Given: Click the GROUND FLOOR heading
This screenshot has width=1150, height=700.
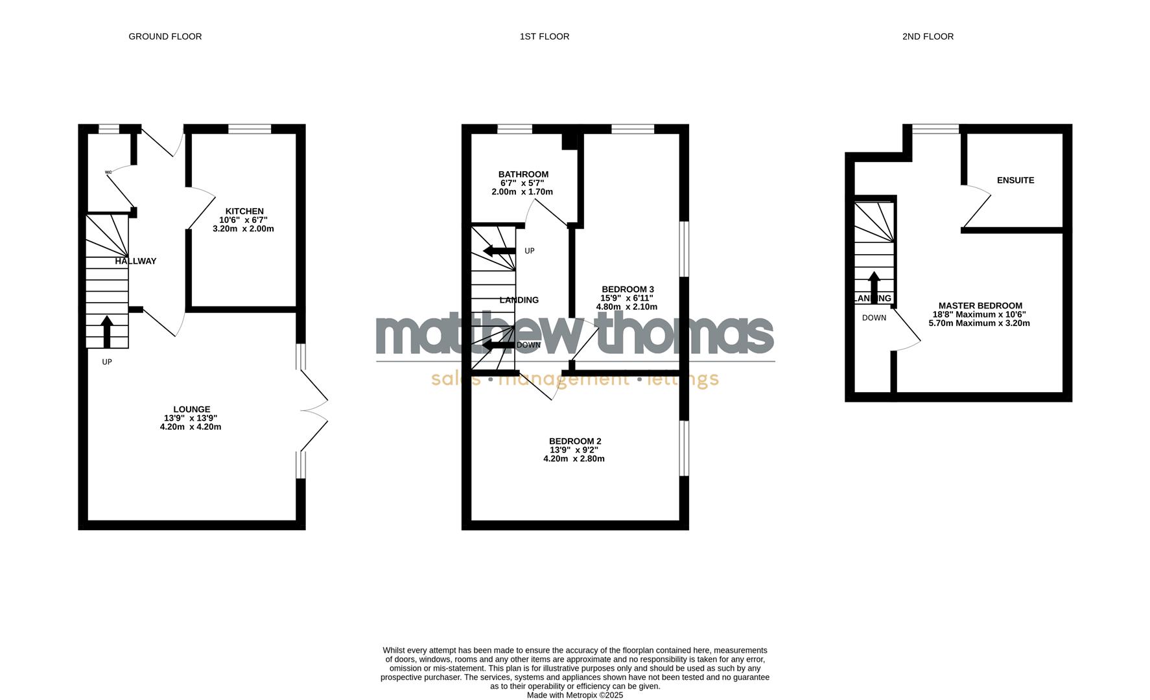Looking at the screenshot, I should click(165, 37).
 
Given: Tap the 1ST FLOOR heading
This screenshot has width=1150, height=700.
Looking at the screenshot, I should click(545, 37).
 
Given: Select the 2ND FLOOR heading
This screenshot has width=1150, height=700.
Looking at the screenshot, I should click(928, 37).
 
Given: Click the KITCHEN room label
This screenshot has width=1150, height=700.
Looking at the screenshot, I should click(244, 211).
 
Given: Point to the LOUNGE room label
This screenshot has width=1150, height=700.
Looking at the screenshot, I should click(191, 410).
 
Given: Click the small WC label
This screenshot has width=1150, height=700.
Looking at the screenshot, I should click(108, 172).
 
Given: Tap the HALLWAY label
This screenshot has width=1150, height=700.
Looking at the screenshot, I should click(135, 261).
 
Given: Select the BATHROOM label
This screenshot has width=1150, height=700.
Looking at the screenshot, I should click(523, 174).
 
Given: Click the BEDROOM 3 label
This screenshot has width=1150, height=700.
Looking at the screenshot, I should click(628, 290).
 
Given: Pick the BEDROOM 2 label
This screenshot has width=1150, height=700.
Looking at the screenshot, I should click(575, 441).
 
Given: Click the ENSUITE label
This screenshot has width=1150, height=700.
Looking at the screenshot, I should click(1015, 180).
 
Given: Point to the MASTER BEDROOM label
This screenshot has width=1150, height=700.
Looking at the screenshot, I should click(980, 306).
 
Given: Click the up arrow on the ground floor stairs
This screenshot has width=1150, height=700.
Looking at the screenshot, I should click(107, 331).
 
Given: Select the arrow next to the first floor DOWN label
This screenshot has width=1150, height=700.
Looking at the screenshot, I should click(498, 345).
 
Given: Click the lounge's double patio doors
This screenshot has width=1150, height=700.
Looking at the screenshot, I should click(315, 410).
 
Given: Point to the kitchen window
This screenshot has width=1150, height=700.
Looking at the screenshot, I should click(250, 129).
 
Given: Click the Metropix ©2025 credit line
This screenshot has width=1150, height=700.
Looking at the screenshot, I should click(574, 695).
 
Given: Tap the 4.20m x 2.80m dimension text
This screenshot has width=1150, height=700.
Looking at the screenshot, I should click(574, 459).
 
